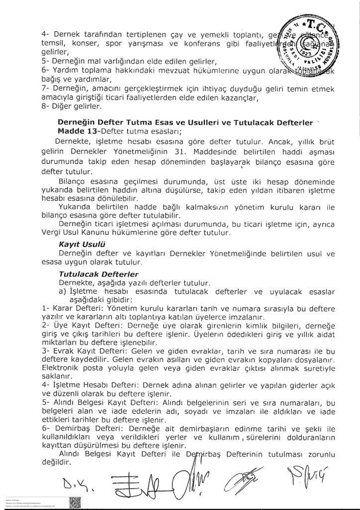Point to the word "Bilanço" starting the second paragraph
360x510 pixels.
(74, 180)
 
